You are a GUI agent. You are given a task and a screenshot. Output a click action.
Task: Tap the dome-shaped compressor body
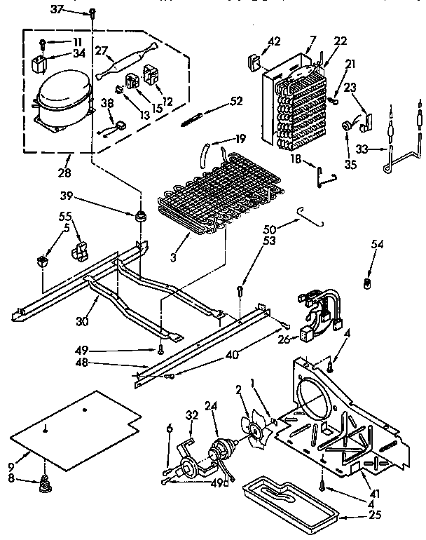(61, 100)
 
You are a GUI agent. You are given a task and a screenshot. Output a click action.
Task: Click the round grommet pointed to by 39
(143, 215)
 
